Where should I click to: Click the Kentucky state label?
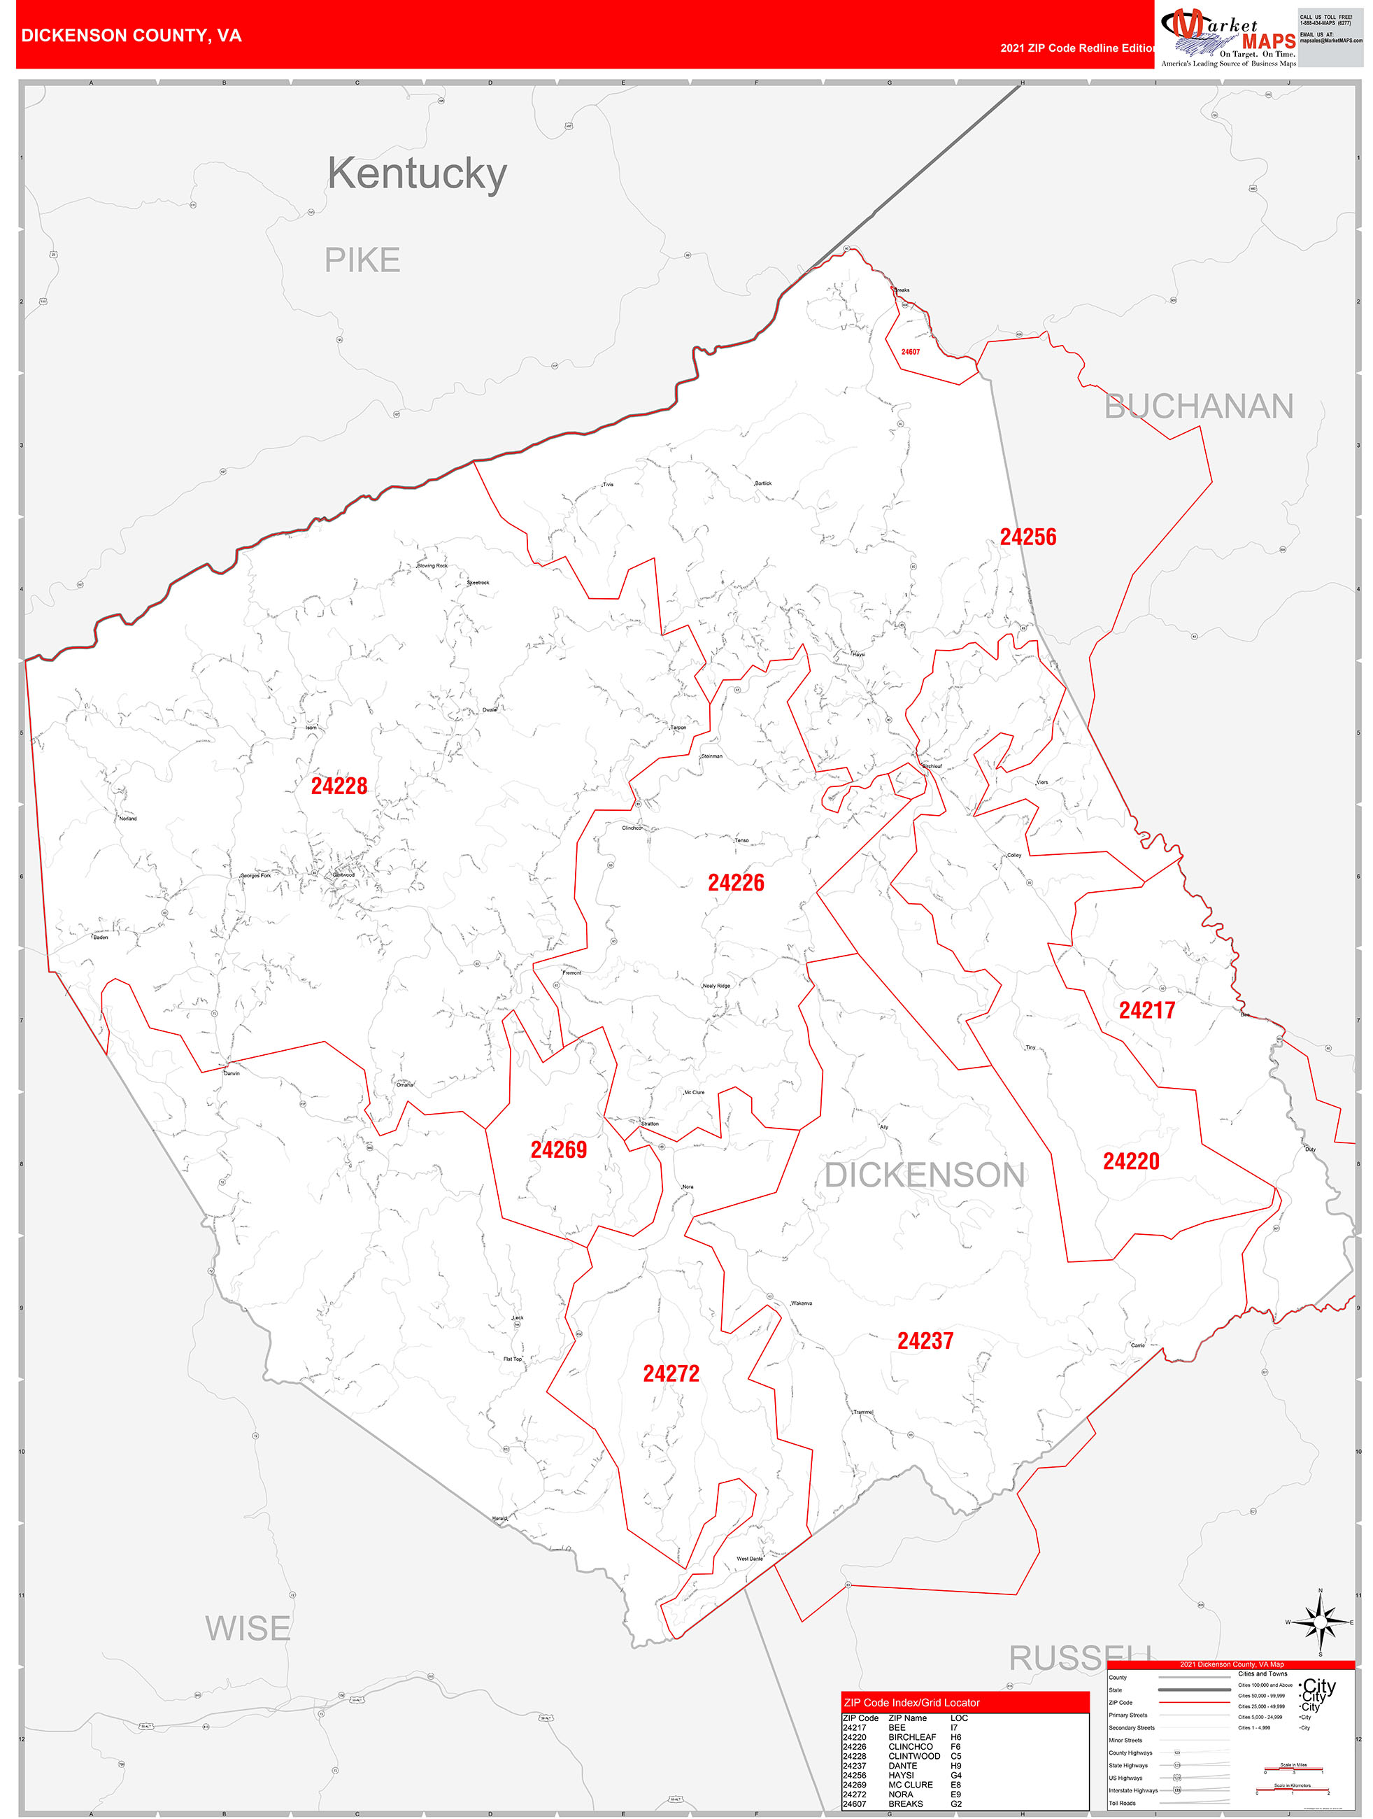tap(417, 174)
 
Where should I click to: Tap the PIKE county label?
tap(362, 261)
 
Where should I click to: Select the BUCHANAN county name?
tap(1199, 406)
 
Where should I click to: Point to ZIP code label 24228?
tap(339, 786)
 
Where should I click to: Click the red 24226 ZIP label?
tap(736, 883)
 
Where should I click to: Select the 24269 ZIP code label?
tap(558, 1149)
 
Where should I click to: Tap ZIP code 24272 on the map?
tap(671, 1373)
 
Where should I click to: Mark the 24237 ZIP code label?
tap(925, 1341)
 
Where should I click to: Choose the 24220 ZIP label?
tap(1130, 1161)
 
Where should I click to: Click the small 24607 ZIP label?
tap(910, 352)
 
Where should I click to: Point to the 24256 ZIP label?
tap(1027, 537)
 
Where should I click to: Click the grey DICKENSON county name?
tap(925, 1175)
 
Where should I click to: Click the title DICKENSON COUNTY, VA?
tap(131, 36)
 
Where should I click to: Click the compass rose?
tap(1321, 1622)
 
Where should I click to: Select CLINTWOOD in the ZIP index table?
tap(913, 1755)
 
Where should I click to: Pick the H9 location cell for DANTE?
tap(955, 1766)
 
